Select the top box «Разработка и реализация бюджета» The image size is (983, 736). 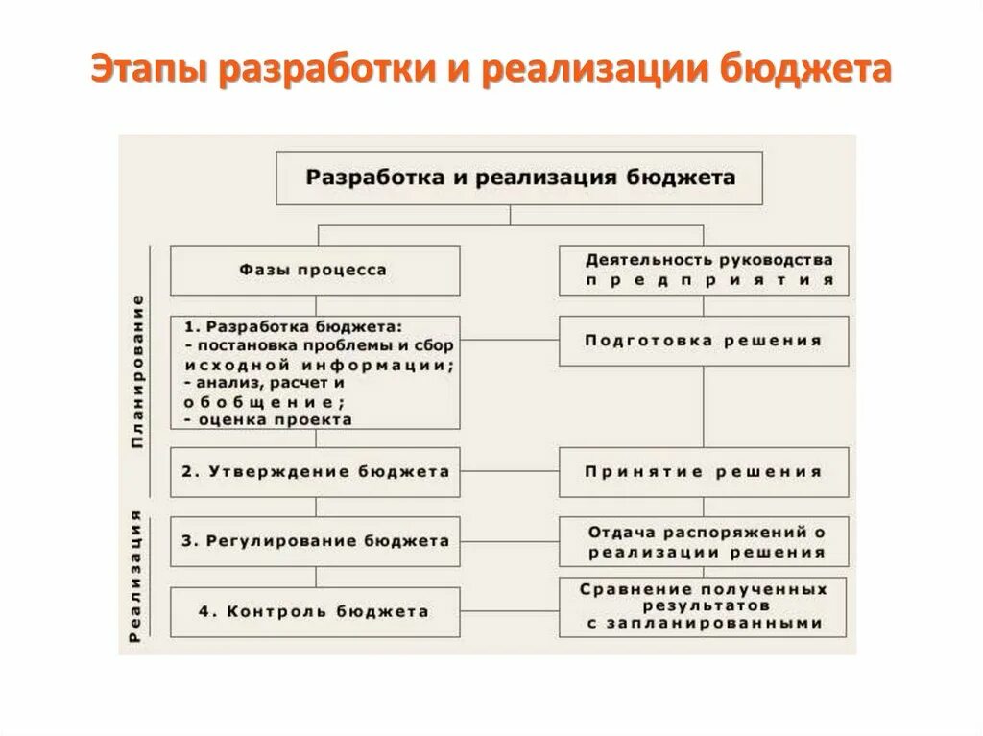520,178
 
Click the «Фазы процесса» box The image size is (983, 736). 314,270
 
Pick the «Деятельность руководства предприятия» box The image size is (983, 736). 704,270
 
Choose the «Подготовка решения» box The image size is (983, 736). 704,341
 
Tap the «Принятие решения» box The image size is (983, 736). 704,472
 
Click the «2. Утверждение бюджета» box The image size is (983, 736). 314,472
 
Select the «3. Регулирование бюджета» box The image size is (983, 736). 314,541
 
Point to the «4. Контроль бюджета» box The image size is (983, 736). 314,611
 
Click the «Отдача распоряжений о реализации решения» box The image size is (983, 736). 704,541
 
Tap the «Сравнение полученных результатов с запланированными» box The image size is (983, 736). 704,605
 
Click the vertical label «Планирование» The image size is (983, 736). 138,371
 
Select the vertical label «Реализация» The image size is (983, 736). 138,576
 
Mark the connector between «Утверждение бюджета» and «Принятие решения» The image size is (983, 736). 509,472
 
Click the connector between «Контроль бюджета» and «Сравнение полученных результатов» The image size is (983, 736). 509,611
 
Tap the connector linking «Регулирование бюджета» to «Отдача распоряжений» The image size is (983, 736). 509,541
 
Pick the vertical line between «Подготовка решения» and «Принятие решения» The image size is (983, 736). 704,406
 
